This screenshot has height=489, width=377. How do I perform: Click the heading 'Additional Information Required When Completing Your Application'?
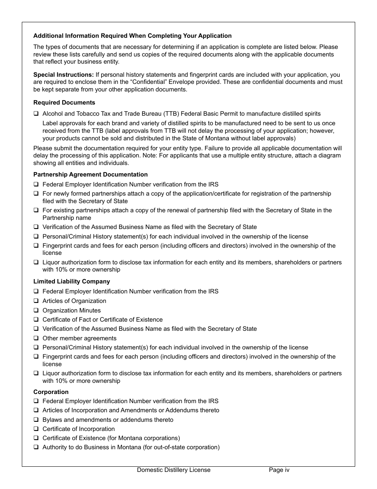tap(132, 36)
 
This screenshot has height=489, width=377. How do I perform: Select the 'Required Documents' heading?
tap(64, 103)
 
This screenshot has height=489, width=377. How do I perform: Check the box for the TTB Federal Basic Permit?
tap(36, 114)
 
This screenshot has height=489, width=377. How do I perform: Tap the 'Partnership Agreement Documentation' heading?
tap(90, 175)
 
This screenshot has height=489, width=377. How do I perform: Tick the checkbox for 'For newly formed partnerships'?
tap(36, 194)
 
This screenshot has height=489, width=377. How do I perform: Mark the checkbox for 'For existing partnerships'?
tap(36, 211)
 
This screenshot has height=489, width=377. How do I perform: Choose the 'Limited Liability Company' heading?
tap(71, 281)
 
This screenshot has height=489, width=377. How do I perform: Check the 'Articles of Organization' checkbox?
tap(36, 301)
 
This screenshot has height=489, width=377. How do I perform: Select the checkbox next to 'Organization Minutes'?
tap(36, 311)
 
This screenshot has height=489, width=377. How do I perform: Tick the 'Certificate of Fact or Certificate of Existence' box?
tap(36, 320)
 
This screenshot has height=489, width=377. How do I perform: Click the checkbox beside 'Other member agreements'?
tap(36, 339)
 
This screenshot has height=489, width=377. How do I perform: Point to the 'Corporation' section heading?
tap(51, 392)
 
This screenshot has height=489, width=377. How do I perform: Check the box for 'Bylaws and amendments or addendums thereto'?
tap(36, 420)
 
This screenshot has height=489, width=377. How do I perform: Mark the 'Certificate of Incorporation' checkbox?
tap(36, 429)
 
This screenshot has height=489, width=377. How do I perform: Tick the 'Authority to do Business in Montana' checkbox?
tap(36, 448)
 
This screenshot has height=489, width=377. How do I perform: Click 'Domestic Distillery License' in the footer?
tap(174, 470)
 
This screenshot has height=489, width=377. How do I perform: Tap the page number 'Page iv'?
tap(279, 470)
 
